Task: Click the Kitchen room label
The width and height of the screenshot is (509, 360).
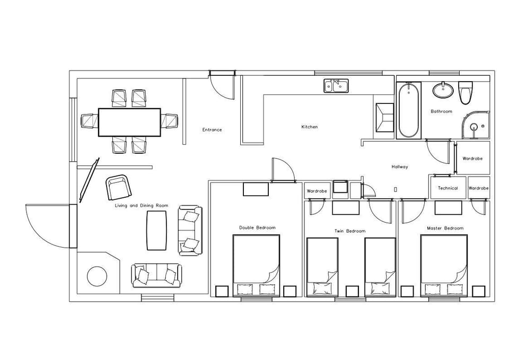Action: (310, 127)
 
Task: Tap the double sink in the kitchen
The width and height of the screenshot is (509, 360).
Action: (336, 85)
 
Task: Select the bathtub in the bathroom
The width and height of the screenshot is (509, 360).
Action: (408, 110)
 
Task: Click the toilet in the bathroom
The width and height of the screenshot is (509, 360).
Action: (466, 92)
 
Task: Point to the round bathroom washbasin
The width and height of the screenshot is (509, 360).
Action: (442, 91)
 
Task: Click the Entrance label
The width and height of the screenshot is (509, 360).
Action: (212, 130)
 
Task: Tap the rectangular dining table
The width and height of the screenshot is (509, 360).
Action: (129, 122)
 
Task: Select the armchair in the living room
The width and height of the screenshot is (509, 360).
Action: (119, 187)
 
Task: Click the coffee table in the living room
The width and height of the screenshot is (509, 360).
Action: (156, 230)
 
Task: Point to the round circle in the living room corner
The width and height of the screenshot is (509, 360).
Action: (97, 276)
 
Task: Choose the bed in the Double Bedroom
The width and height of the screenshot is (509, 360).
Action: (257, 260)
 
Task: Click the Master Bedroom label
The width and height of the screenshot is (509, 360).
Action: (445, 229)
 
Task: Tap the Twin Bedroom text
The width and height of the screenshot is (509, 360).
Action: (350, 231)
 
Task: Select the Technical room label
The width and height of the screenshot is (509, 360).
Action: (447, 188)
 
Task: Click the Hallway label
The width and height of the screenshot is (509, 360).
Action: (400, 167)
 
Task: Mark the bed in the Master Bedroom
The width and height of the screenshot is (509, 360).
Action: (444, 260)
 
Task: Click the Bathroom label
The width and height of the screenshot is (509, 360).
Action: (441, 112)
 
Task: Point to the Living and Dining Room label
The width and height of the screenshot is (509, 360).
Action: (141, 206)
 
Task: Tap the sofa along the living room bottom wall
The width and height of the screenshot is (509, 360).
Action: (156, 276)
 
